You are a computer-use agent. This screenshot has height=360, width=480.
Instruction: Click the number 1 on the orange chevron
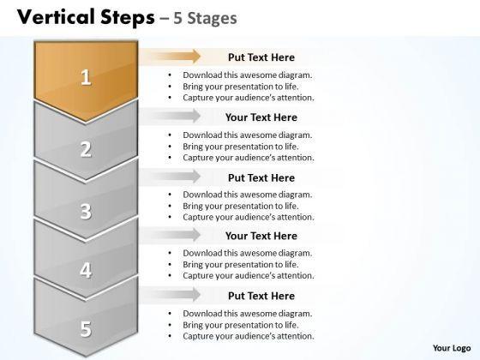[x=86, y=77]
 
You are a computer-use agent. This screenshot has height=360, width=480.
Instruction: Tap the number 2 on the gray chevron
[x=86, y=149]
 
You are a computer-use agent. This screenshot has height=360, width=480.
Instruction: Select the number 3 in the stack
[x=86, y=211]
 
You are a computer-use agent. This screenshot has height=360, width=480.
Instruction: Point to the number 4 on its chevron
[x=86, y=270]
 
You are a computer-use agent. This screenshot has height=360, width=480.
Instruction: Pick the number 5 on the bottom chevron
[x=86, y=329]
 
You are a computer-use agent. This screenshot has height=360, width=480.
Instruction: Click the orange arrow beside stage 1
[x=170, y=57]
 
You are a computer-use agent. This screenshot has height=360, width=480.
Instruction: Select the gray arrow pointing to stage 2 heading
[x=170, y=116]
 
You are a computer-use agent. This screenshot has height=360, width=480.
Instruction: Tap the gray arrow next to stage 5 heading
[x=170, y=295]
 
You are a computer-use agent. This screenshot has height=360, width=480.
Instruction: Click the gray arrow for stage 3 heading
[x=170, y=177]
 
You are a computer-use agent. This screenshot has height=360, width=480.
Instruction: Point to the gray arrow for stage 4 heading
[x=170, y=235]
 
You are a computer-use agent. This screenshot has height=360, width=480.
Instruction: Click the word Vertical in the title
[x=56, y=17]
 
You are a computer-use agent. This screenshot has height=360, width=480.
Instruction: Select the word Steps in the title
[x=128, y=18]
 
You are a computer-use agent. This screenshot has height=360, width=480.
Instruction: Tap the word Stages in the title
[x=212, y=18]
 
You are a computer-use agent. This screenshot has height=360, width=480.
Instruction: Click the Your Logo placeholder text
[x=452, y=348]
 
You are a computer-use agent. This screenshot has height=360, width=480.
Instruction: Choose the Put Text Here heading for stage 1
[x=261, y=57]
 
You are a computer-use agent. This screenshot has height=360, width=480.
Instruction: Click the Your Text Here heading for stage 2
[x=261, y=117]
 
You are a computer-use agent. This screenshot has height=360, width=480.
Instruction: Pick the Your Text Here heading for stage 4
[x=261, y=236]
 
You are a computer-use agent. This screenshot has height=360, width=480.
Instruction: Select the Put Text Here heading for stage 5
[x=261, y=296]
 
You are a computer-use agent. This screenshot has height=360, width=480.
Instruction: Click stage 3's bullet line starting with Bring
[x=241, y=206]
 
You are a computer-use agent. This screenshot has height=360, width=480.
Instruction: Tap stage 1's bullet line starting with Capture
[x=249, y=98]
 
